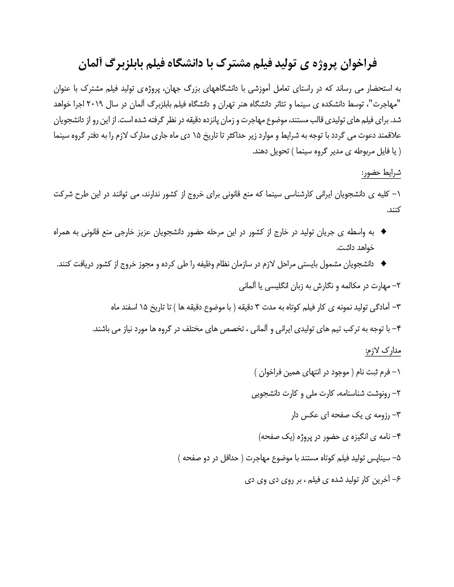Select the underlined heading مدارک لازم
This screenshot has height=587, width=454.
tap(383, 351)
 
